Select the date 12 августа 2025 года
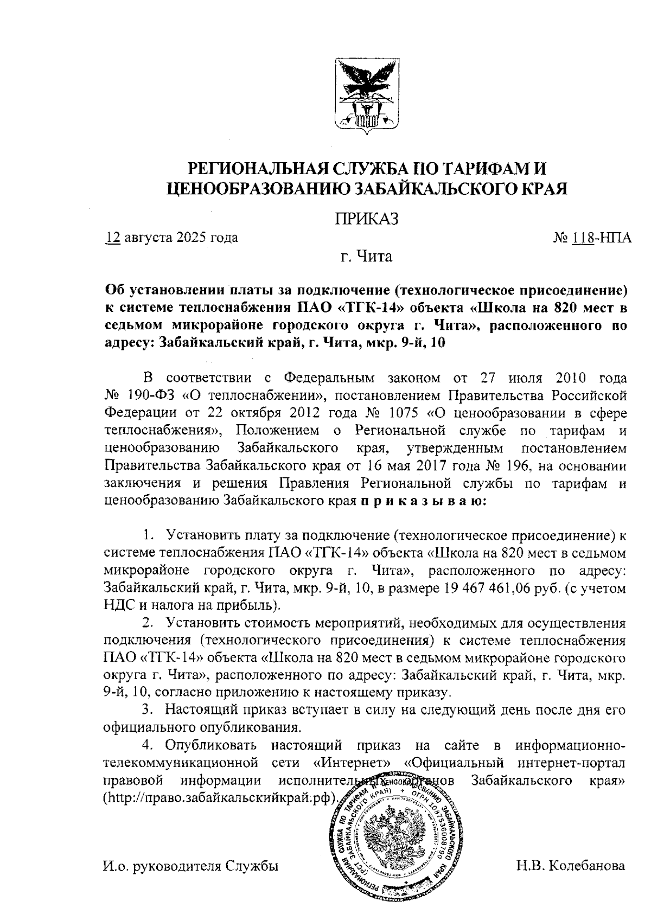click(x=171, y=238)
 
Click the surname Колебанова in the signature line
click(x=587, y=866)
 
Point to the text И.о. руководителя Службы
click(x=190, y=866)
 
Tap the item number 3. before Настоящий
click(x=146, y=709)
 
